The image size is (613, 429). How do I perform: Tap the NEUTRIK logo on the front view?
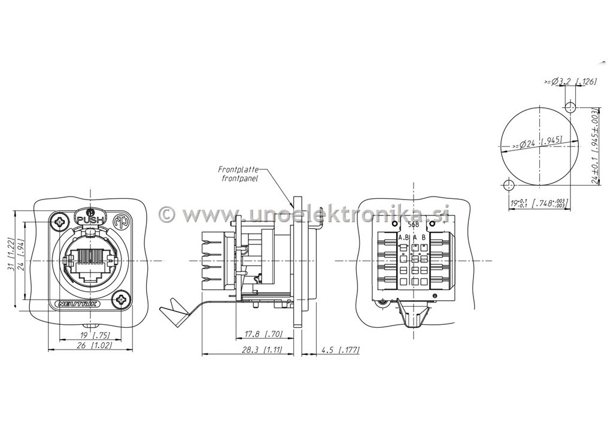tap(78, 304)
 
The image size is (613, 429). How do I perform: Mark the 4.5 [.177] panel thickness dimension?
tap(341, 349)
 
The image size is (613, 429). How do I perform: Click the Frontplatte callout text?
tap(238, 170)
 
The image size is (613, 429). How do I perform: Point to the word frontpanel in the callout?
tap(240, 179)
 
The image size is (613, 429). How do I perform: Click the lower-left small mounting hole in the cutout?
tap(507, 183)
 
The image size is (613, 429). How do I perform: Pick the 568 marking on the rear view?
tap(413, 225)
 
